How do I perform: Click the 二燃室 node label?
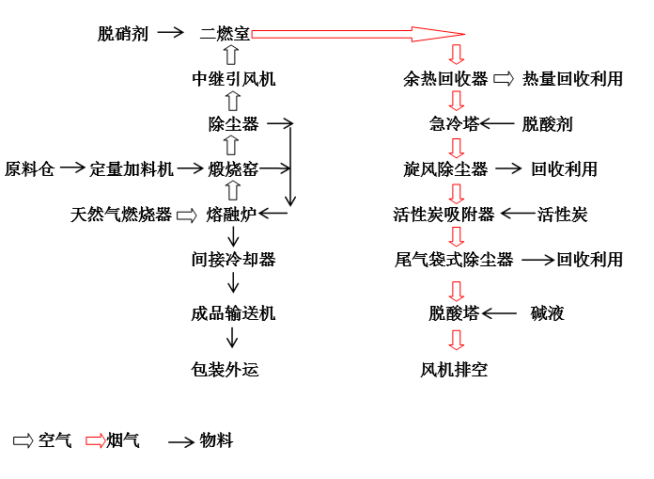(x=225, y=34)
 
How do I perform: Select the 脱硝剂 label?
(x=123, y=34)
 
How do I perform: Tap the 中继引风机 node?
(x=234, y=79)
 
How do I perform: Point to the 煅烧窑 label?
(x=233, y=169)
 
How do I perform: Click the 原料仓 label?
(x=30, y=169)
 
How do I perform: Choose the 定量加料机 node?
(x=132, y=169)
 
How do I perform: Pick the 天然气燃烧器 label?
(x=121, y=215)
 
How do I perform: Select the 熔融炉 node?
(x=231, y=215)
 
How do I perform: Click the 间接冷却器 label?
(x=234, y=260)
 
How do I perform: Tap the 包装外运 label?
(x=225, y=370)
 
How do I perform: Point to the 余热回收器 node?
(x=445, y=79)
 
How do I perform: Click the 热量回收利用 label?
(x=572, y=79)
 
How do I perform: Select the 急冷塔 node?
(x=454, y=124)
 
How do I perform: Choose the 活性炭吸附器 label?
(x=444, y=215)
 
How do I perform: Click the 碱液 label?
(x=547, y=313)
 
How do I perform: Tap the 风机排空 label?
(x=454, y=370)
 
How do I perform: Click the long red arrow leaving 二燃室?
(x=358, y=34)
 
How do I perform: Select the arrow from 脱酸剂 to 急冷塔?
(x=497, y=123)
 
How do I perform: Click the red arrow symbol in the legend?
(x=96, y=441)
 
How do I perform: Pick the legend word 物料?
(x=216, y=440)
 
